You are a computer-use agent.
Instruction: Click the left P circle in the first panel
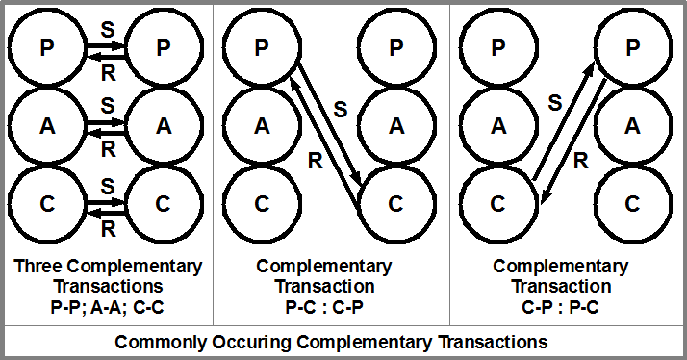click(x=47, y=46)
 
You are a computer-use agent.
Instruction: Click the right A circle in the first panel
click(x=165, y=124)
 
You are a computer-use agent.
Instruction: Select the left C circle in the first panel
click(x=47, y=203)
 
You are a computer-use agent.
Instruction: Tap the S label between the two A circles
click(x=108, y=103)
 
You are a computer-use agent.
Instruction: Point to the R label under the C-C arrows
click(x=108, y=228)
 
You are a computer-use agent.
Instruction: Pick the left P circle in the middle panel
click(x=261, y=46)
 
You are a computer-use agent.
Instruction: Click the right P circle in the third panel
click(x=631, y=46)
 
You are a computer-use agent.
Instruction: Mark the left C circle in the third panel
click(x=497, y=203)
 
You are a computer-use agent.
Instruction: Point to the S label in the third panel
click(x=554, y=99)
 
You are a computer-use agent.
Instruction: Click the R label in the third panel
click(x=580, y=161)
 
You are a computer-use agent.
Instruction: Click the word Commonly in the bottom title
click(x=157, y=342)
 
